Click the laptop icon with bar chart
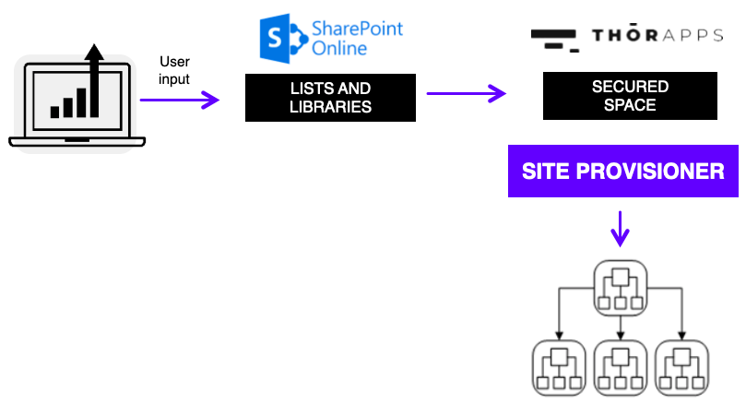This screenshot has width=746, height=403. click(x=77, y=101)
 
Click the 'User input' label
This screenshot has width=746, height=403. click(x=173, y=71)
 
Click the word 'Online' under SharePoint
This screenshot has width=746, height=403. click(x=338, y=48)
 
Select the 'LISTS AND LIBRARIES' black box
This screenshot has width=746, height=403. click(x=330, y=98)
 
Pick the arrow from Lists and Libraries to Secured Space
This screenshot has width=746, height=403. click(x=467, y=93)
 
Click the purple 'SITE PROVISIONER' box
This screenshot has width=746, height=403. click(x=622, y=172)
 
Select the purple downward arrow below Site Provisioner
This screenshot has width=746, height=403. click(x=621, y=229)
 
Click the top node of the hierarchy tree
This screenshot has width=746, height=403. click(x=621, y=285)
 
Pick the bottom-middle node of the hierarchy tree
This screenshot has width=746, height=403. click(x=621, y=367)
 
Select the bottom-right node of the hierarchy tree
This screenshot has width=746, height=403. click(x=681, y=367)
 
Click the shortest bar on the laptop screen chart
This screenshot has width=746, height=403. click(x=55, y=111)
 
